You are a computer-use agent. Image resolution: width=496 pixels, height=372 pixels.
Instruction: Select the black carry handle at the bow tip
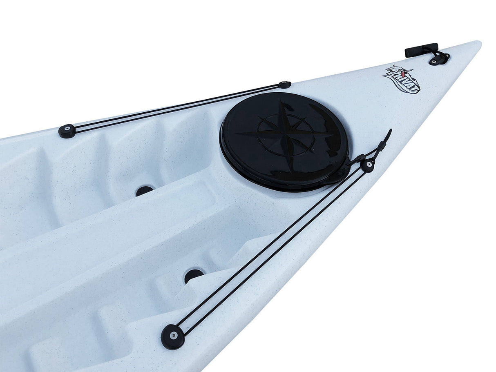[421, 50]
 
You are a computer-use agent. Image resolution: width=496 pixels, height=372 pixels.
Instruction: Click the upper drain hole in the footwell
[144, 190]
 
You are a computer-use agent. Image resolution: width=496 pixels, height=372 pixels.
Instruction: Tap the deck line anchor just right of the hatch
[368, 165]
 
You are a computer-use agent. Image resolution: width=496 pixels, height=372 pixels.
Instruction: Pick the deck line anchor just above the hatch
[285, 85]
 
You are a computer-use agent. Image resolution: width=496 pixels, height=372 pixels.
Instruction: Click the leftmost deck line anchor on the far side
[67, 131]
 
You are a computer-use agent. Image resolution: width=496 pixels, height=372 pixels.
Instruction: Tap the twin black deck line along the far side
[176, 108]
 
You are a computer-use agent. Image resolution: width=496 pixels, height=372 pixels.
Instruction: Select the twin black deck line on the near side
[270, 249]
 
